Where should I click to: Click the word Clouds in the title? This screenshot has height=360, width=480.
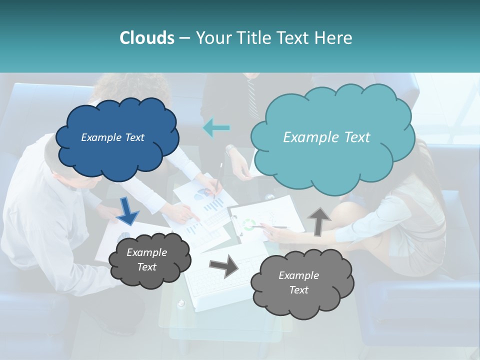click(146, 38)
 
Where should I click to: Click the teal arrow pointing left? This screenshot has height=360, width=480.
click(216, 128)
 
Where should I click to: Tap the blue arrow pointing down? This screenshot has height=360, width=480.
click(128, 210)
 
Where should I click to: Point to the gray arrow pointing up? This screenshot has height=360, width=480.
click(318, 220)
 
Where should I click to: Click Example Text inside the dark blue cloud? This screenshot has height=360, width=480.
click(112, 137)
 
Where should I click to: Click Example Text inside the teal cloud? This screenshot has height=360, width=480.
click(326, 137)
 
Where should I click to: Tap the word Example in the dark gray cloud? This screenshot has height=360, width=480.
click(146, 252)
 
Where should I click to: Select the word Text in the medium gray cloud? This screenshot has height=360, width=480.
click(298, 290)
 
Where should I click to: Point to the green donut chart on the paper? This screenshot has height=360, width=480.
click(248, 224)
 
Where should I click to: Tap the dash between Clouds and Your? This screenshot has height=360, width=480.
click(184, 38)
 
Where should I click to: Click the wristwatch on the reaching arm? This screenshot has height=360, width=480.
click(230, 149)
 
